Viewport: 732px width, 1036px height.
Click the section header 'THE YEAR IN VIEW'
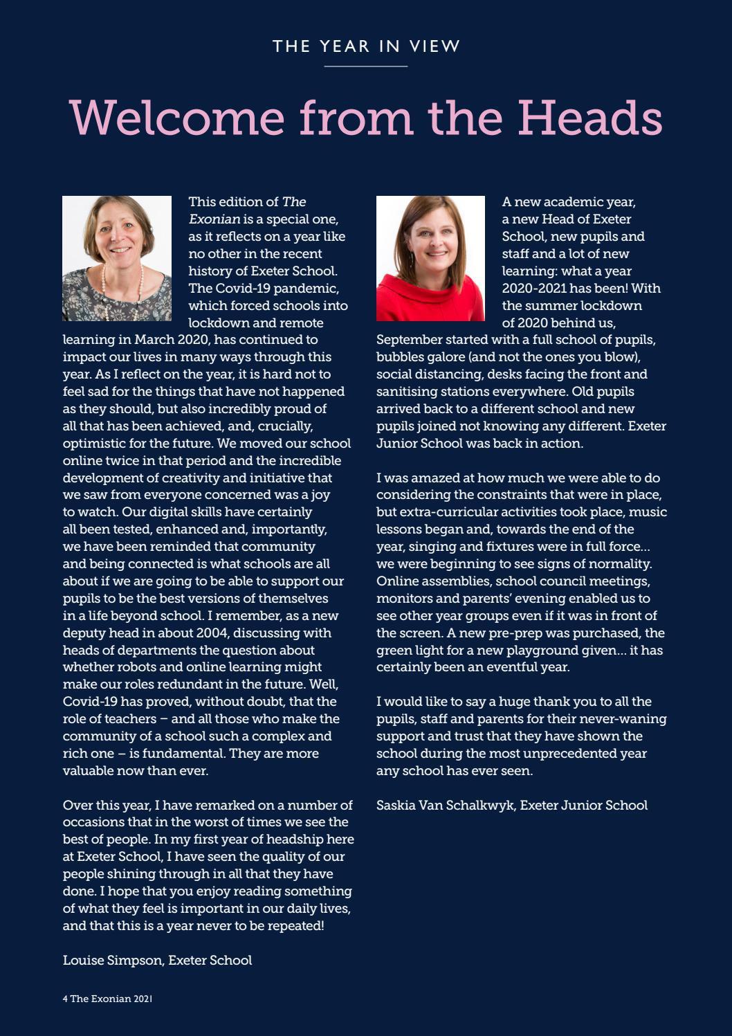[x=366, y=46]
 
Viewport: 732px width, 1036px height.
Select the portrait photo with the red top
[x=430, y=258]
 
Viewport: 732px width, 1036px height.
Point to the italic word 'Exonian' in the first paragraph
[x=214, y=219]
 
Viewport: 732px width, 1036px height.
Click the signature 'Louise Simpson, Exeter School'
[x=157, y=960]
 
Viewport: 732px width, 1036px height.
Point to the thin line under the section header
[x=366, y=66]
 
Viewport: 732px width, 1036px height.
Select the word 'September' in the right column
[x=408, y=340]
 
